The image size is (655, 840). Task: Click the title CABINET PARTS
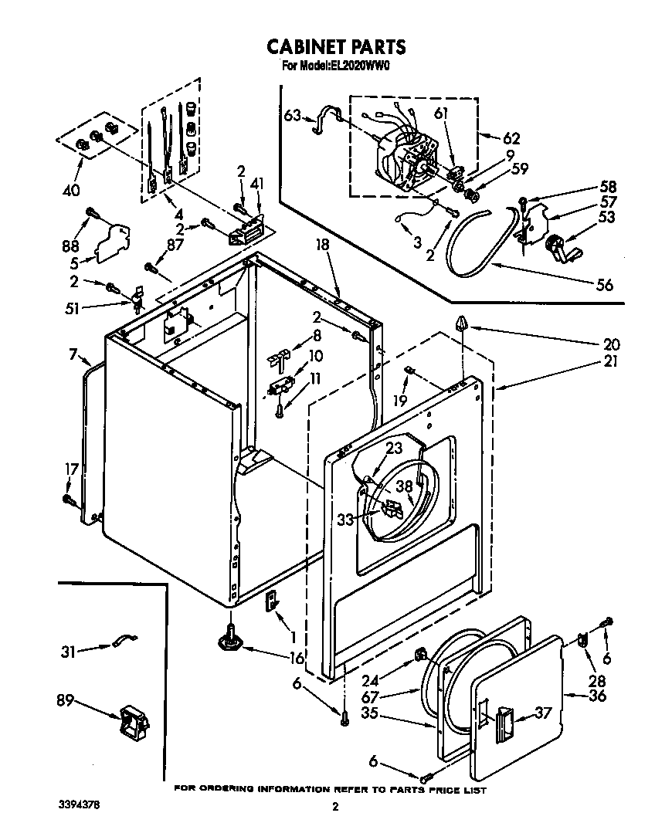tap(335, 47)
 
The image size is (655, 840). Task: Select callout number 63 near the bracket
tap(292, 117)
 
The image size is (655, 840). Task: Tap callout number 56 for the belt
tap(604, 285)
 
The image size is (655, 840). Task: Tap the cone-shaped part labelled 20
tap(462, 323)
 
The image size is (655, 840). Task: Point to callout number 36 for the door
tap(597, 696)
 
